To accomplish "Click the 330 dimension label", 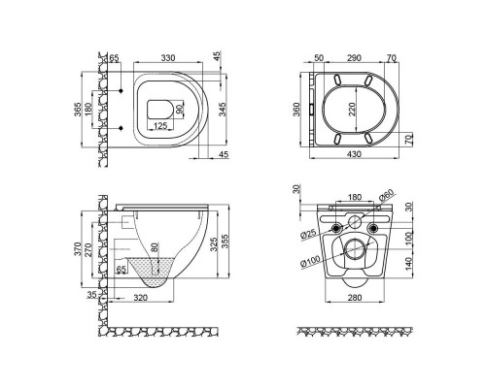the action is [168, 58].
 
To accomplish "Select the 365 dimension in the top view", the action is [77, 110].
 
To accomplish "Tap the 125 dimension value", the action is [160, 125].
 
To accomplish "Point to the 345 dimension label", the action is [223, 110].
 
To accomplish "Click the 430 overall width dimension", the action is [354, 154].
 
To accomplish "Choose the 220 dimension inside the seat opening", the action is [352, 109].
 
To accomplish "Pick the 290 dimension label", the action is [354, 58].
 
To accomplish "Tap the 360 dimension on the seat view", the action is [296, 110].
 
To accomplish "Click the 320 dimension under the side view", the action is [140, 298].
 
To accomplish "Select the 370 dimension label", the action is [77, 249].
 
